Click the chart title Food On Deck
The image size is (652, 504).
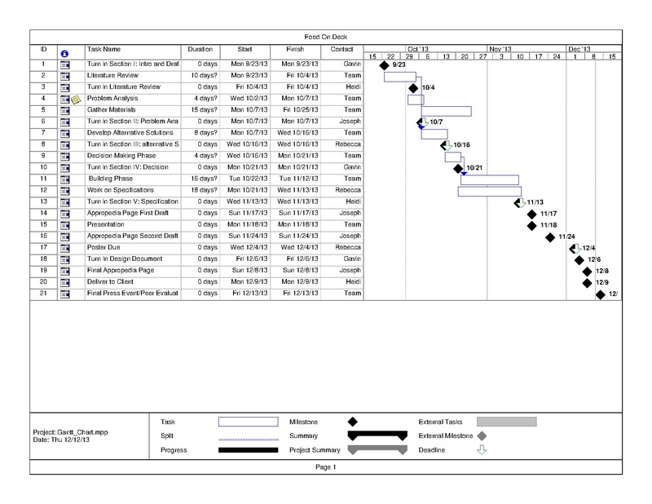[325, 38]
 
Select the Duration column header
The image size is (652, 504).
[200, 50]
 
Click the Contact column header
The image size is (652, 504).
[342, 50]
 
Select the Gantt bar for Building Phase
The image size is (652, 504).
[490, 179]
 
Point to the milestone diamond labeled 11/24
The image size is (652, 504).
[551, 237]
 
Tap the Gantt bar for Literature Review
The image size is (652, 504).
[400, 76]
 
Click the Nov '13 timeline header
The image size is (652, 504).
[500, 49]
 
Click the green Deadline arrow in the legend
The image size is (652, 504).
[482, 449]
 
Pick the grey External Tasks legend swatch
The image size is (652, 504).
[507, 422]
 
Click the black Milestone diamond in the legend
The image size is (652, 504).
[353, 422]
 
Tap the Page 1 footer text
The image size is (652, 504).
[325, 467]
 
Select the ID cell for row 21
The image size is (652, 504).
[42, 293]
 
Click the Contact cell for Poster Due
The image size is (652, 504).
[342, 247]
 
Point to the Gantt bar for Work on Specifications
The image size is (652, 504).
[490, 191]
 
